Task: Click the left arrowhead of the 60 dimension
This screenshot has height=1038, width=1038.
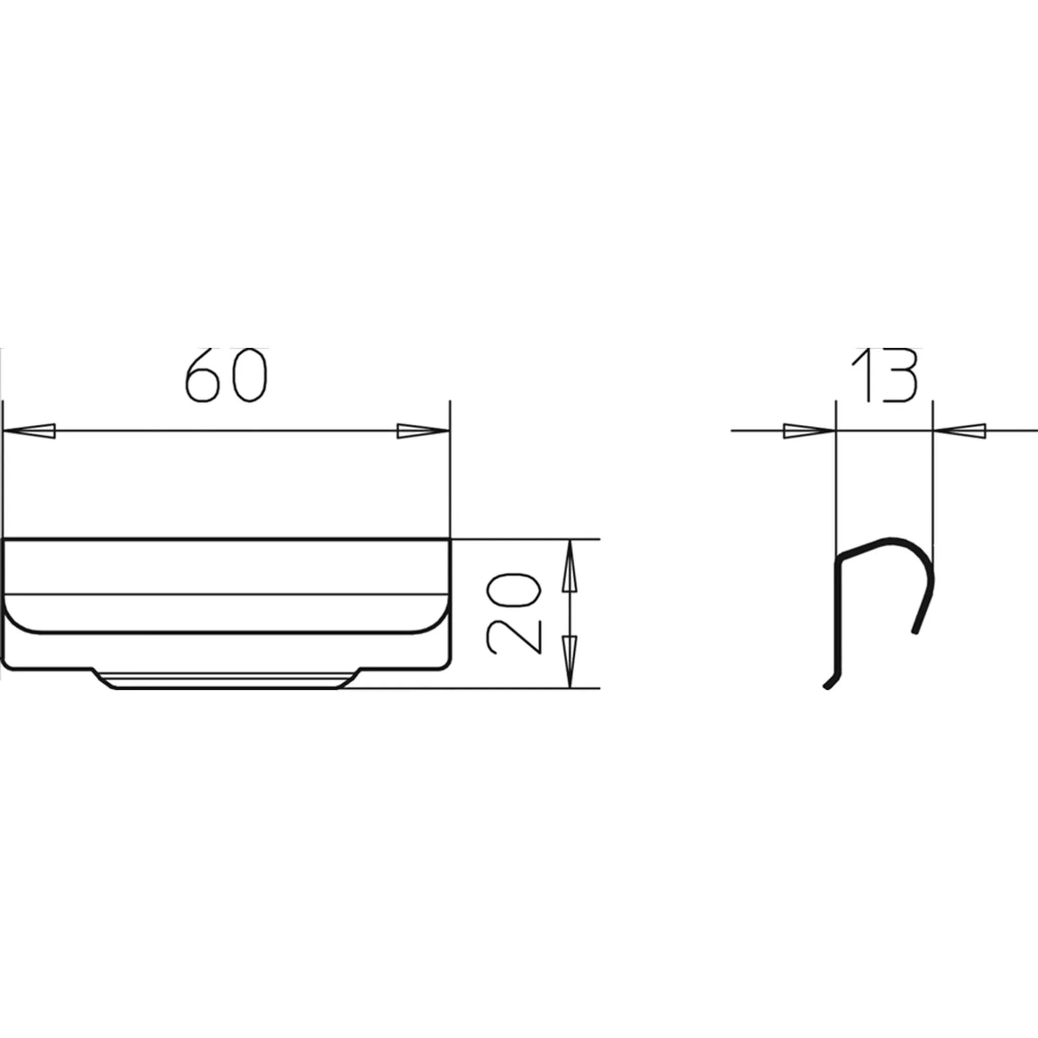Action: point(29,431)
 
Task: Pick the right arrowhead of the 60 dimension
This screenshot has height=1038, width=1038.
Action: point(423,431)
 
